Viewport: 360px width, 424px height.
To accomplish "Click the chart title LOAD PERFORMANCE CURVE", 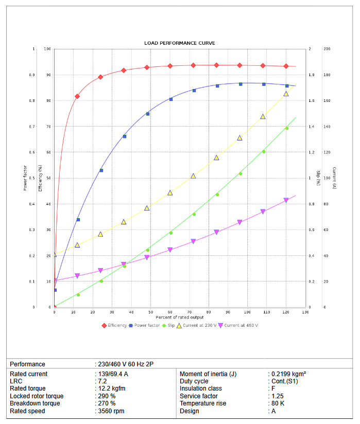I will point(180,43).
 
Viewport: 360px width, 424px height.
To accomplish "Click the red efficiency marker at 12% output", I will point(77,96).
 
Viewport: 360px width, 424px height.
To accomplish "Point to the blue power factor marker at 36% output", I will point(124,136).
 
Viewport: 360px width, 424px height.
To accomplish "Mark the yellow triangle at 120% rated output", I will point(286,94).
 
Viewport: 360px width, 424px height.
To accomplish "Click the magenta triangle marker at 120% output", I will point(286,200).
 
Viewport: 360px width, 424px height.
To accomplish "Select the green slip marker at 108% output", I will point(264,151).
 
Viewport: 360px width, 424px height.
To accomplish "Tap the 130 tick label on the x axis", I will point(305,312).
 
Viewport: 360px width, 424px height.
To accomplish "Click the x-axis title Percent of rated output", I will point(180,317).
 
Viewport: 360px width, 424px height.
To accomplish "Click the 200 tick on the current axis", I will point(327,49).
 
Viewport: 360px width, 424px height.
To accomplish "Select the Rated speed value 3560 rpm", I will point(111,411).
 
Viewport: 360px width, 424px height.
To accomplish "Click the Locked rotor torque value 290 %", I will point(107,396).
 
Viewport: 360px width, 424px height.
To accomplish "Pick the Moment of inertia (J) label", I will point(208,374).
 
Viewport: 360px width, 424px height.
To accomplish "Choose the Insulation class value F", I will point(272,388).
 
